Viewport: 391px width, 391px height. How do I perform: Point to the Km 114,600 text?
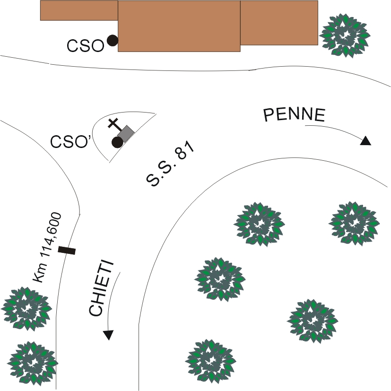(48, 248)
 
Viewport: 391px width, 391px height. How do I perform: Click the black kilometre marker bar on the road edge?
(67, 250)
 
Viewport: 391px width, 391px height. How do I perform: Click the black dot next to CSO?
(112, 41)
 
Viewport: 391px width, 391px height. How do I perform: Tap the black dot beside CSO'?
(117, 142)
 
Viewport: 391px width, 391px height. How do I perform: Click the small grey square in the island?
(126, 133)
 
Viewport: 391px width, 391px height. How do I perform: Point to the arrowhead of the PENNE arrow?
(365, 141)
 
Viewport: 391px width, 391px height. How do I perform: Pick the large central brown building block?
(179, 26)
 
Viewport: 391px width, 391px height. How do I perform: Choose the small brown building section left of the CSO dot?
(78, 10)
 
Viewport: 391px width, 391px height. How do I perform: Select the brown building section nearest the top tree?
(279, 22)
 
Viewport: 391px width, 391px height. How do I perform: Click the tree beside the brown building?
(345, 35)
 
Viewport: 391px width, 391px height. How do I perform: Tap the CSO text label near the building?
(85, 46)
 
